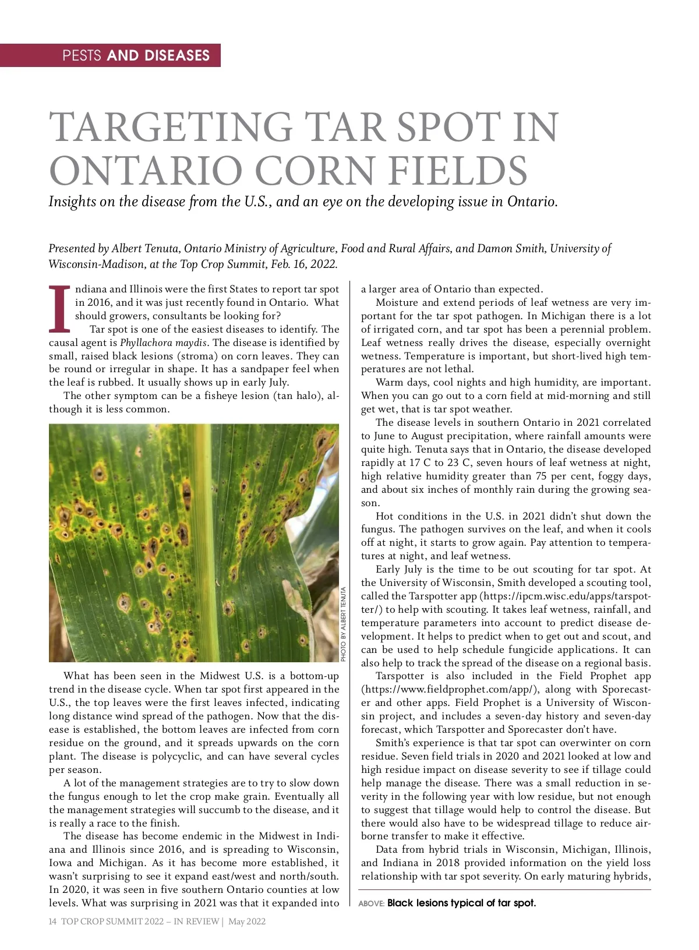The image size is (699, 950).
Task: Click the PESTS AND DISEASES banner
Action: [x=136, y=55]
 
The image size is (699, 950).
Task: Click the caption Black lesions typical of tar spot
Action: [x=461, y=903]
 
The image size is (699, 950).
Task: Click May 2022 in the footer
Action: [x=247, y=921]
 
